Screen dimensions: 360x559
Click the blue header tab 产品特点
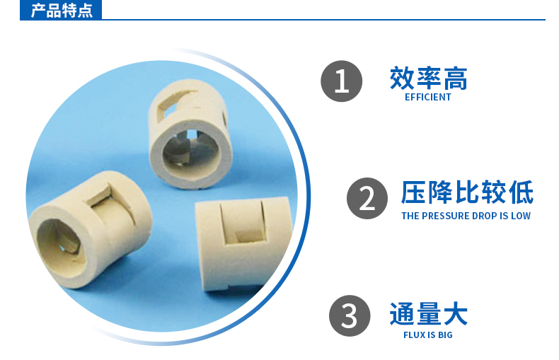(x=62, y=11)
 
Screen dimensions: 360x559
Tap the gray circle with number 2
(x=367, y=198)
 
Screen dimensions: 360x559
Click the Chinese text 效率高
(x=428, y=79)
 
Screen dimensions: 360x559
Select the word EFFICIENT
(x=428, y=98)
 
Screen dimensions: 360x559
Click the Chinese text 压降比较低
(x=467, y=192)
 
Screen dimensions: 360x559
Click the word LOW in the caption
(x=520, y=216)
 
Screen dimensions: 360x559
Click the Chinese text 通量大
(x=428, y=313)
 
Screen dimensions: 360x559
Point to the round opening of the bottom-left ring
(x=60, y=240)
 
